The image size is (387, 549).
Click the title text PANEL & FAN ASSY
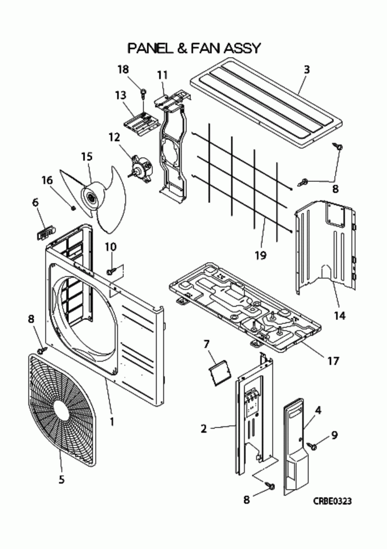(x=193, y=48)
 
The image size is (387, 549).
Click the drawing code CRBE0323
(x=333, y=501)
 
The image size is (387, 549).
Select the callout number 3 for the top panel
(x=307, y=70)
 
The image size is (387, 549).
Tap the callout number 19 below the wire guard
(x=260, y=255)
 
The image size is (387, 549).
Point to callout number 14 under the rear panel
(x=339, y=315)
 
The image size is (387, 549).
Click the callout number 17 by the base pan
(x=333, y=361)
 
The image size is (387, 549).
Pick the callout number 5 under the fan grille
(x=62, y=479)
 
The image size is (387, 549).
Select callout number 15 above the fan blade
(x=86, y=157)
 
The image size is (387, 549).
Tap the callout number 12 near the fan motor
(x=114, y=137)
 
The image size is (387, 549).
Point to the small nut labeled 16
(x=73, y=207)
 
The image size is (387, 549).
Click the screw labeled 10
(x=110, y=271)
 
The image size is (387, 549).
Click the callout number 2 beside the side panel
(x=203, y=428)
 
